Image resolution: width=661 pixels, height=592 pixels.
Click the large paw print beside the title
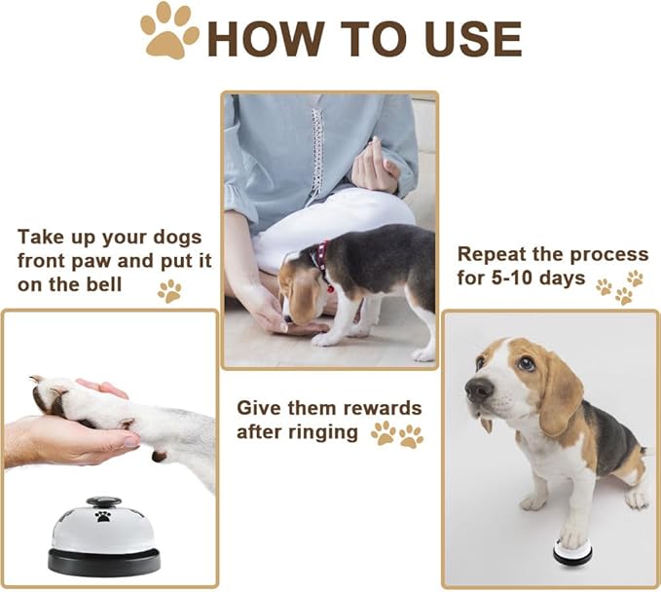tap(168, 32)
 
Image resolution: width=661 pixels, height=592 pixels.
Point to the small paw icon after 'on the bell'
tap(169, 290)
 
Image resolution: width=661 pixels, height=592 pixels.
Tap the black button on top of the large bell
tap(102, 502)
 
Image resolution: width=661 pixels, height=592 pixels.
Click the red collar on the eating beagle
tap(320, 263)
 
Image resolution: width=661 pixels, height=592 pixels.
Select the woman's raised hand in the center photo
tap(376, 166)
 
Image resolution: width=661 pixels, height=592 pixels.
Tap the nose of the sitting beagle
tap(478, 390)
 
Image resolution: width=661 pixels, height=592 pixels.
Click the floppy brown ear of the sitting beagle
tap(560, 395)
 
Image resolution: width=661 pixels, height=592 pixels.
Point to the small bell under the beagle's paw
tap(572, 552)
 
